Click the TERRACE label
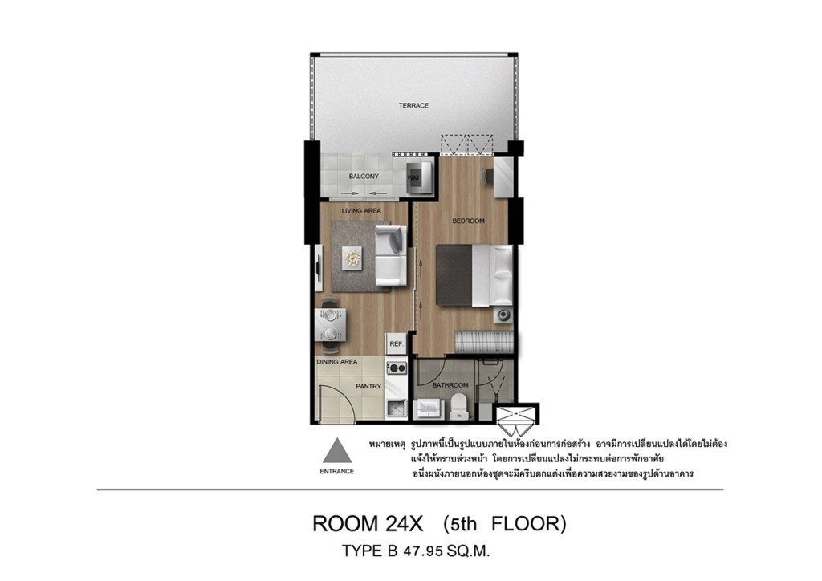[413, 105]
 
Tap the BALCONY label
[364, 176]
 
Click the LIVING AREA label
[361, 210]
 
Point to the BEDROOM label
[468, 221]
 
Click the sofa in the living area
[391, 256]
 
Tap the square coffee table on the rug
[352, 258]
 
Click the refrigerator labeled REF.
[397, 344]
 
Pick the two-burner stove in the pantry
[397, 368]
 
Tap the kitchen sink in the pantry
[396, 408]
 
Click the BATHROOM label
[450, 385]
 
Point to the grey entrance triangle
[336, 450]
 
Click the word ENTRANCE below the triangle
[336, 471]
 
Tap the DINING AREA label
[336, 361]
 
